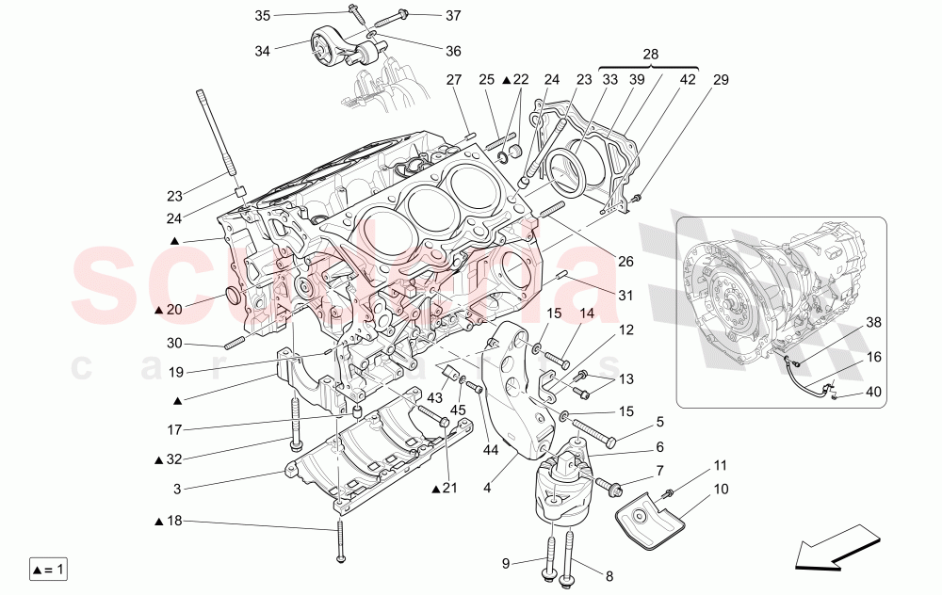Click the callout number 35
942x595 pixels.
(x=262, y=15)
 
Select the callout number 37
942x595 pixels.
(x=454, y=15)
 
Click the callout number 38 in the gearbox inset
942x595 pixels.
(x=873, y=322)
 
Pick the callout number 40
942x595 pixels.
(x=873, y=393)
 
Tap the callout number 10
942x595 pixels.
(x=721, y=489)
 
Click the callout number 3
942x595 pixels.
(x=176, y=489)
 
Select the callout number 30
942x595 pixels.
(x=176, y=343)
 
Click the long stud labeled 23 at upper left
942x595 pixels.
(x=214, y=132)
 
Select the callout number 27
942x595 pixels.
(x=454, y=80)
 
